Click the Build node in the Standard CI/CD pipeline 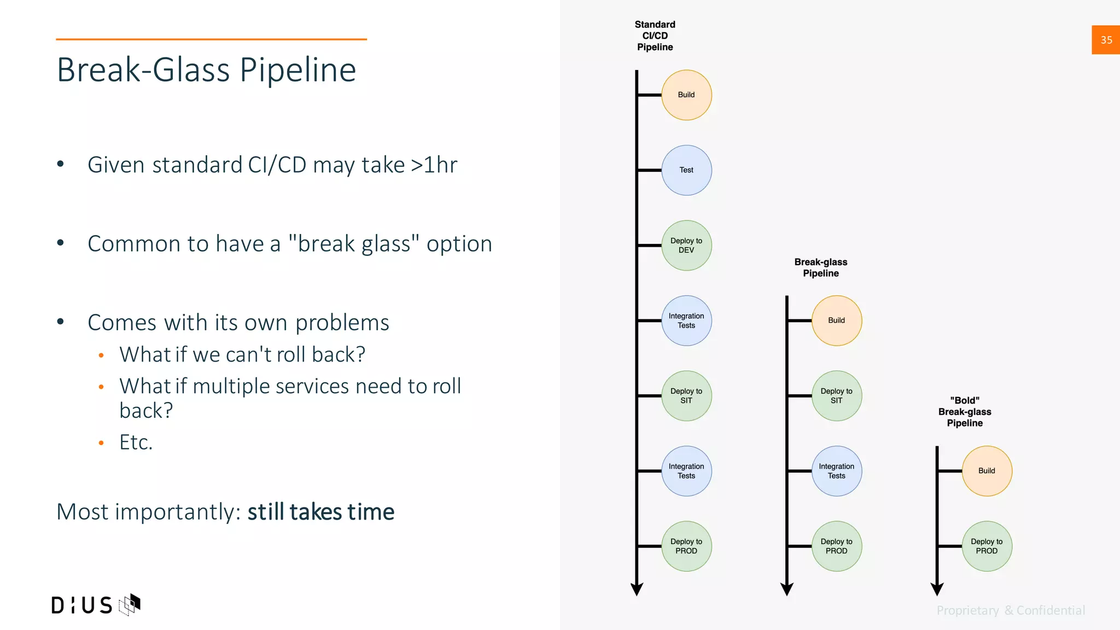pos(686,95)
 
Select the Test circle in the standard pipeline pos(686,170)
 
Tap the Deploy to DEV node pos(686,246)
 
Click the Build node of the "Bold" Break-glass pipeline pos(987,471)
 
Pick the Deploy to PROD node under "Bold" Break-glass pos(987,546)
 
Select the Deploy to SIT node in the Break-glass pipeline pos(836,396)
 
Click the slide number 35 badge pos(1106,40)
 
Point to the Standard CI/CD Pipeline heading pos(655,36)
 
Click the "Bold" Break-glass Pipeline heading pos(965,412)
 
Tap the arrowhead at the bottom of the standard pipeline pos(637,589)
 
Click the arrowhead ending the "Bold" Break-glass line pos(937,589)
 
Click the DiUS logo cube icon pos(130,604)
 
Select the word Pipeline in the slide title pos(298,70)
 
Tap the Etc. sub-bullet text pos(136,442)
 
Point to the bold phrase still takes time pos(320,512)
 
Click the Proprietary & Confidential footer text pos(1011,610)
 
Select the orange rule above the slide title pos(211,39)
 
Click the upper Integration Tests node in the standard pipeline pos(686,320)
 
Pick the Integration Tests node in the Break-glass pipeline pos(836,471)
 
